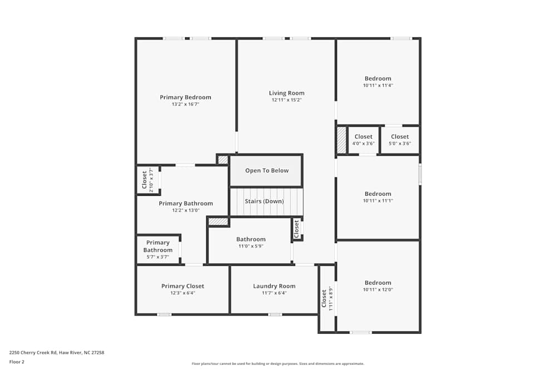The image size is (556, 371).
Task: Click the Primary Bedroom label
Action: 186,97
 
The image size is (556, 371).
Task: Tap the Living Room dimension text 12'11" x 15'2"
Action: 286,100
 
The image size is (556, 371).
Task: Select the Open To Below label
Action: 267,171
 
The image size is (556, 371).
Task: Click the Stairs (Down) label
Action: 264,201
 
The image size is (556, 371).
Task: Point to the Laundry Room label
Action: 274,286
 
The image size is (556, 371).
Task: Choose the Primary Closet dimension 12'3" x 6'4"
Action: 182,293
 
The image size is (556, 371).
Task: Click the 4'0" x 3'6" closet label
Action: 364,140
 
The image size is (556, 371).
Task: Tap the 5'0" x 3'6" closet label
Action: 400,140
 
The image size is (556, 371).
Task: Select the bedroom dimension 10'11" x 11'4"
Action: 378,86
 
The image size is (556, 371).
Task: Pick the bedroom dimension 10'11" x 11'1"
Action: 378,201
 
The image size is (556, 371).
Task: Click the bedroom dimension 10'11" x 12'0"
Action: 378,289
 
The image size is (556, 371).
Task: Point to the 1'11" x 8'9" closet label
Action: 327,299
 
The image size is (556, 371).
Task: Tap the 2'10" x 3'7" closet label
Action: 148,180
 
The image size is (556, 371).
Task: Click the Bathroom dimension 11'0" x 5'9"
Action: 251,246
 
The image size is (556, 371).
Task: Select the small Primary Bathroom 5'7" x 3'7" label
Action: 158,250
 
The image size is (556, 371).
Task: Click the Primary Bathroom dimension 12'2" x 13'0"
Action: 186,210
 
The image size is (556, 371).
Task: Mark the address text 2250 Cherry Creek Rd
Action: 33,353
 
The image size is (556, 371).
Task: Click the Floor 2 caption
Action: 17,362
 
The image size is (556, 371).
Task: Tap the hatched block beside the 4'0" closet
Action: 341,140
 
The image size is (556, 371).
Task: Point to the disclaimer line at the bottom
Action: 277,364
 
